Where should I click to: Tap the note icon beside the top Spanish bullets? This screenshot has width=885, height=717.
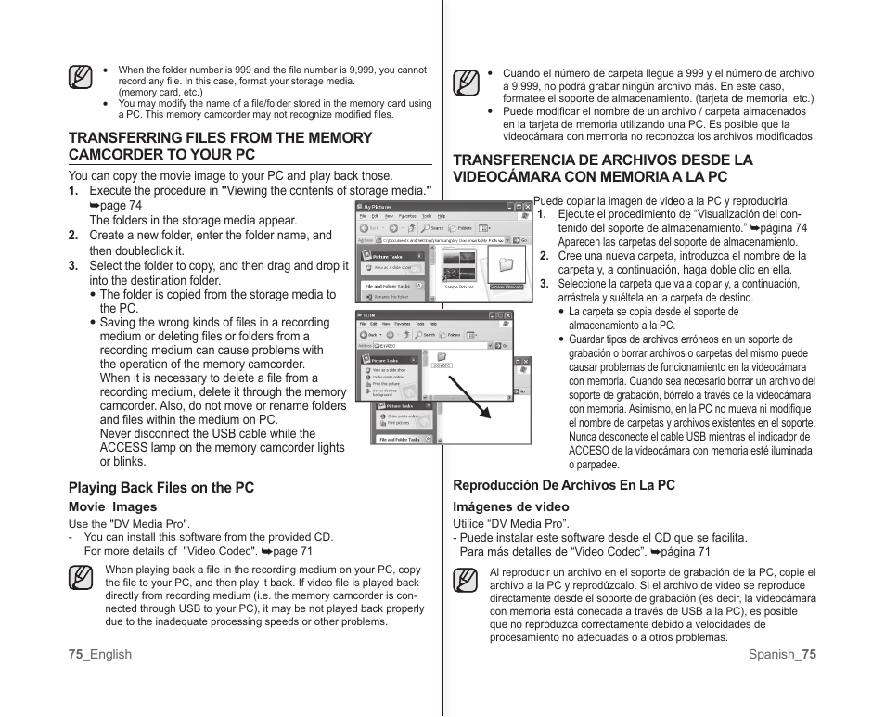coord(467,84)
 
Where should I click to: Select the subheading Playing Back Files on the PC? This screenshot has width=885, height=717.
coord(160,487)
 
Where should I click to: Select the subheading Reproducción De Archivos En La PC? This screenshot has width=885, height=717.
coord(563,485)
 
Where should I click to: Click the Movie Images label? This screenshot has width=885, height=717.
coord(112,506)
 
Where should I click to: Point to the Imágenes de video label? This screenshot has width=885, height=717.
coord(510,506)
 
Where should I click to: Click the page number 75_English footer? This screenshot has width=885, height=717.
coord(99,654)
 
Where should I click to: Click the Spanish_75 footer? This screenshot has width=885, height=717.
coord(782,654)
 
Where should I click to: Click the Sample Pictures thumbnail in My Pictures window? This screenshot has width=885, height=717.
coord(458,267)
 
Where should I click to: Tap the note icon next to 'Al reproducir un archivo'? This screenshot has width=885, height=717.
coord(467,582)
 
